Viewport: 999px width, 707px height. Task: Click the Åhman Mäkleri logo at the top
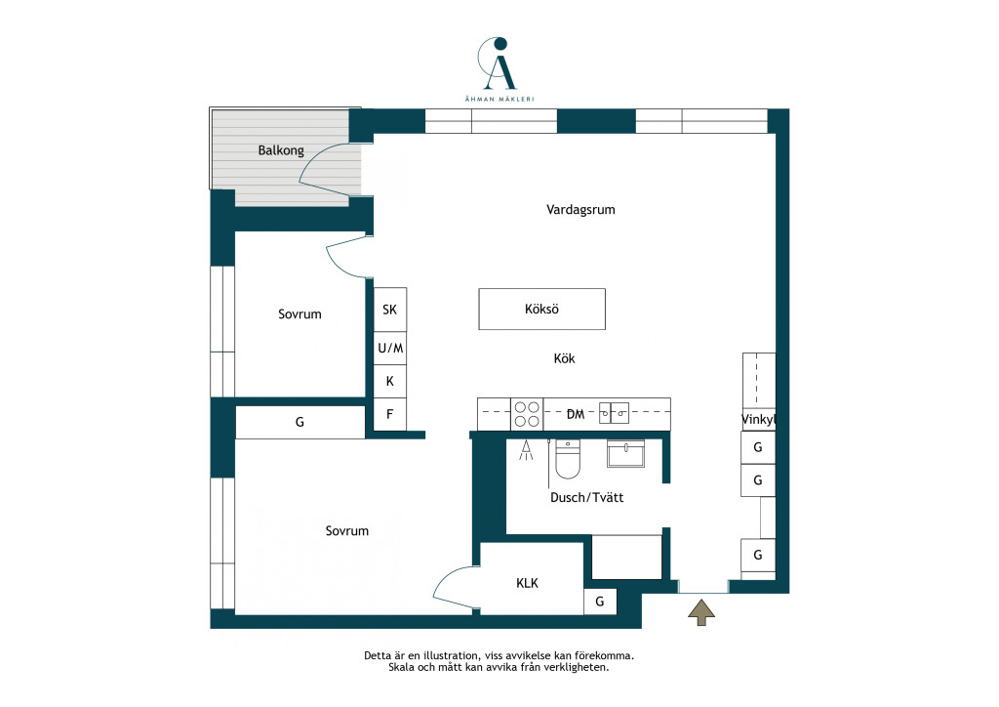(499, 69)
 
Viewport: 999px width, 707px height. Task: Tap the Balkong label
(281, 150)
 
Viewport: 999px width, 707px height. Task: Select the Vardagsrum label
(580, 210)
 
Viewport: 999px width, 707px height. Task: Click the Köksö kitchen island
(541, 310)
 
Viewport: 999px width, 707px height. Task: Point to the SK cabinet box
(390, 310)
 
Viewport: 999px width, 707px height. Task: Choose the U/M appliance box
(390, 348)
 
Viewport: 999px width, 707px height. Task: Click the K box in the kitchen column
(390, 381)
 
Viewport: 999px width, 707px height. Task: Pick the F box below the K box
(390, 414)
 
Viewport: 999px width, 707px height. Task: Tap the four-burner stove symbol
(527, 414)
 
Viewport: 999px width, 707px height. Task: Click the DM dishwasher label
(576, 414)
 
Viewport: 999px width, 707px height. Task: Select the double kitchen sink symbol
(615, 413)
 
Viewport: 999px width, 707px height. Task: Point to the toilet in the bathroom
(568, 458)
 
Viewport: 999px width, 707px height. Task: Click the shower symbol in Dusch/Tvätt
(526, 450)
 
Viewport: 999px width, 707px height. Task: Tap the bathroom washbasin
(625, 453)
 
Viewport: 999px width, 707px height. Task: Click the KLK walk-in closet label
(527, 583)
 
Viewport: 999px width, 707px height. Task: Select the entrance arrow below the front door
(701, 612)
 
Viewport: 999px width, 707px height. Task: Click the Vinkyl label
(758, 420)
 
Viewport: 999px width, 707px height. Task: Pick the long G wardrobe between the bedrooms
(300, 422)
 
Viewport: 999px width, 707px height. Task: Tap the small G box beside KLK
(600, 602)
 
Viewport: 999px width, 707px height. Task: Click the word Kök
(564, 358)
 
